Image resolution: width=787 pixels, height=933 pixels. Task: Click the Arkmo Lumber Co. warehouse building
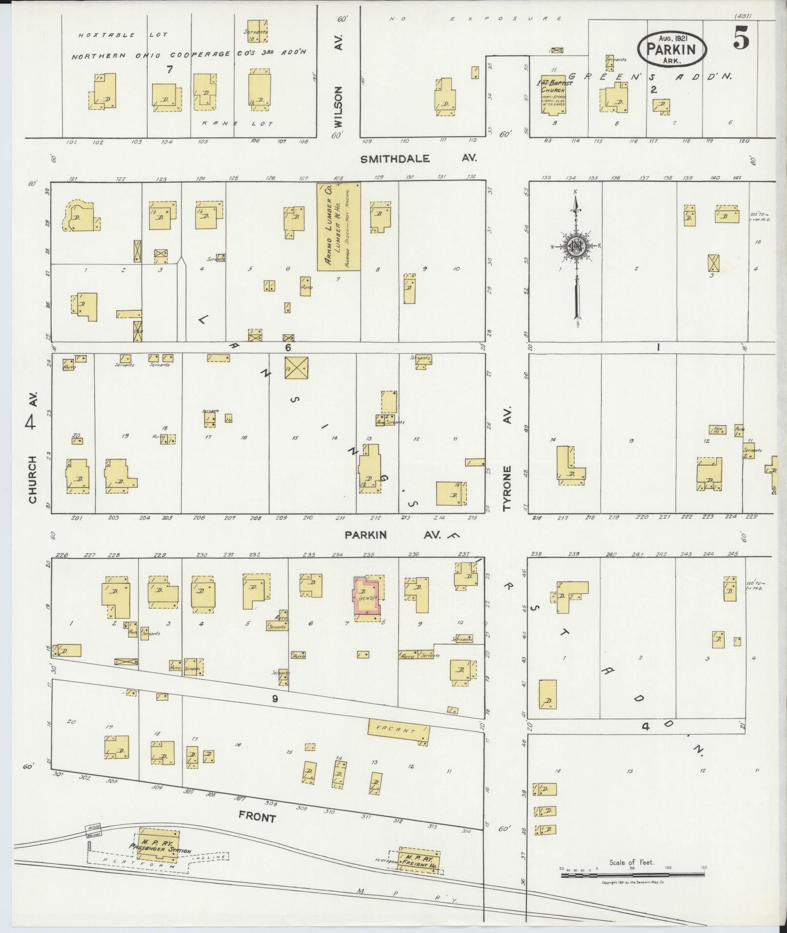click(339, 226)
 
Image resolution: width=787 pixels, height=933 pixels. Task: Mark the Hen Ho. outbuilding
click(717, 430)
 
